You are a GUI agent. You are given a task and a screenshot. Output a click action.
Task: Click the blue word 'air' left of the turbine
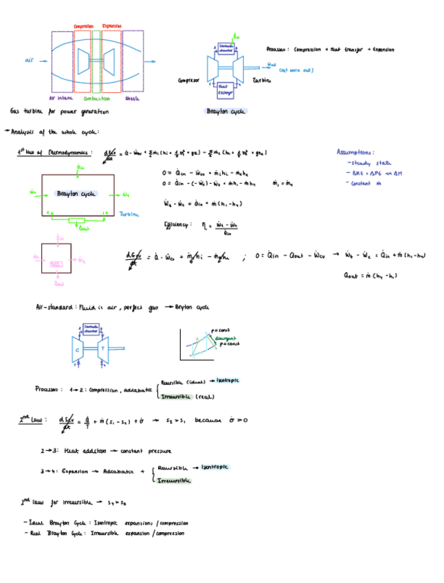point(29,60)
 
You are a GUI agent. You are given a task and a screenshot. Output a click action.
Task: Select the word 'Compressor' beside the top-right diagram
point(188,80)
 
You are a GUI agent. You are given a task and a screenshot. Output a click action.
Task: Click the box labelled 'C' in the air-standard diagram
point(78,348)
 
